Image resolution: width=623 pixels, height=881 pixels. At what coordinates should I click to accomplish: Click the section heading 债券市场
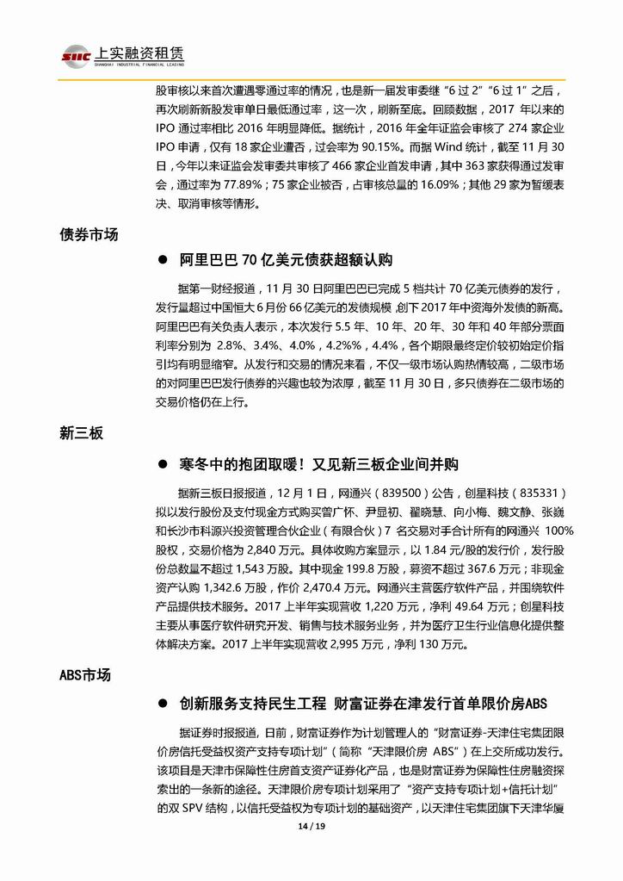click(89, 233)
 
